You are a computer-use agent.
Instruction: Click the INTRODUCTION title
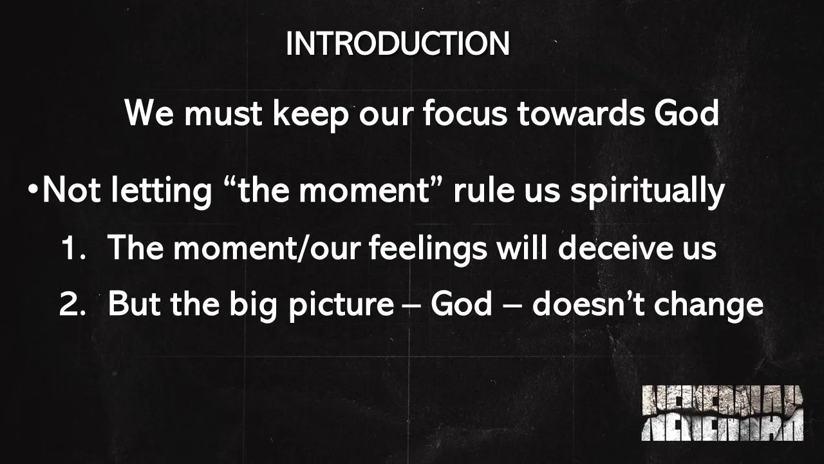[397, 44]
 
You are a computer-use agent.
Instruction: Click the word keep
[310, 115]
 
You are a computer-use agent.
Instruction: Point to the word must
[222, 115]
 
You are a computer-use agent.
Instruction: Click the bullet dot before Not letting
[33, 191]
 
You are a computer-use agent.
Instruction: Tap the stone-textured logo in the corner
[722, 413]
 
